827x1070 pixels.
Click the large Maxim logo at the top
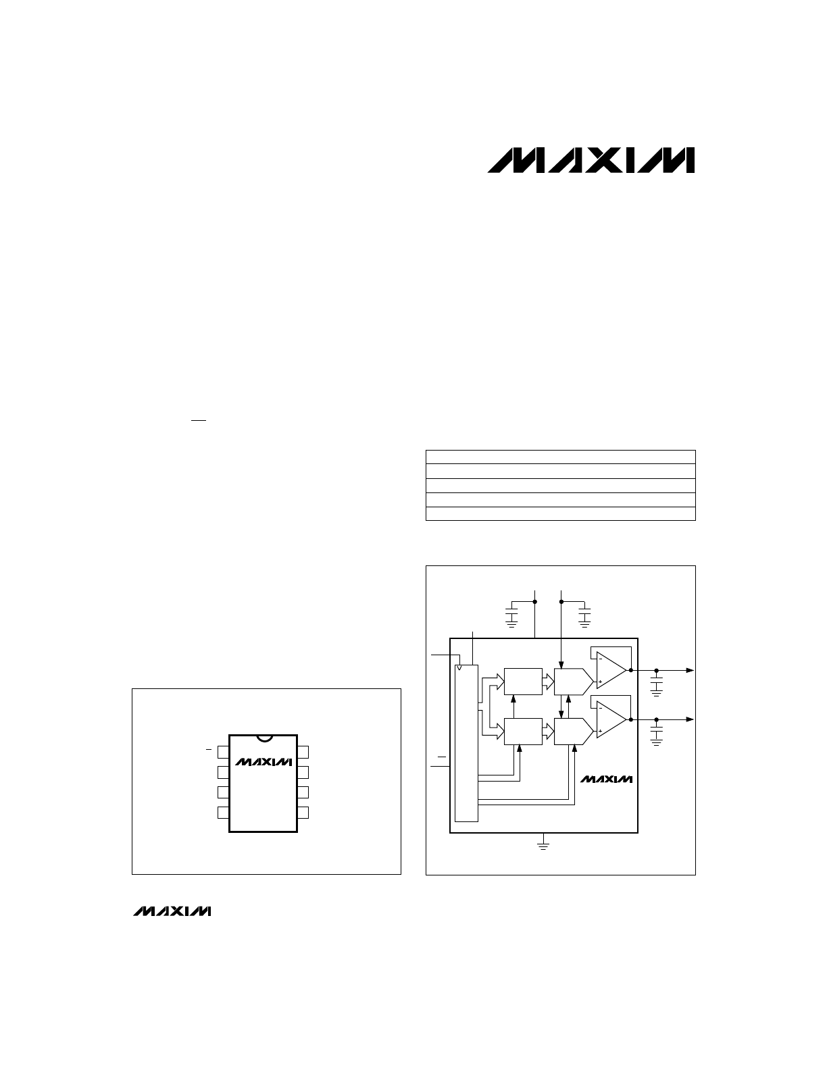click(591, 160)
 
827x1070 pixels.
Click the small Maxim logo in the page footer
click(172, 911)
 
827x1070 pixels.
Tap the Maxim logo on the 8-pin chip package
click(264, 762)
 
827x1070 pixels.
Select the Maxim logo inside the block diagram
click(606, 779)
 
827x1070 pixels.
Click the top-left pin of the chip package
click(223, 752)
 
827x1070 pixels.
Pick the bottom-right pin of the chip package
click(303, 813)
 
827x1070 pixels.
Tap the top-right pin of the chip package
click(303, 752)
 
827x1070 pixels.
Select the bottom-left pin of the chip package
click(223, 813)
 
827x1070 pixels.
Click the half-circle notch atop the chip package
click(265, 738)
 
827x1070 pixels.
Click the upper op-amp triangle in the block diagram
click(611, 670)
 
